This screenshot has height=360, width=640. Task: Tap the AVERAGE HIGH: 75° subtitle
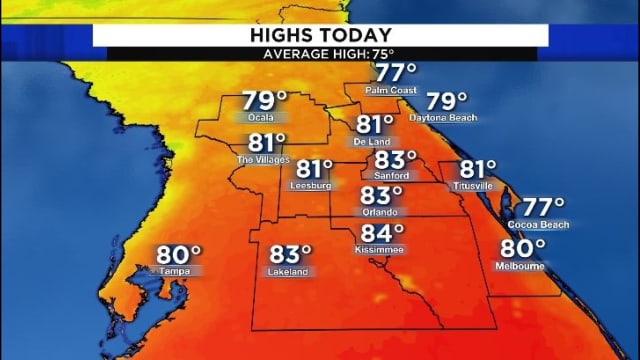[320, 54]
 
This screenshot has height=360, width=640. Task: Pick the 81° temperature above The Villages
[267, 144]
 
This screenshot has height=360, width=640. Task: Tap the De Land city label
[372, 142]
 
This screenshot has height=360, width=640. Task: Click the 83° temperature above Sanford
[395, 160]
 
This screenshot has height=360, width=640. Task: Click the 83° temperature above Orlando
[381, 196]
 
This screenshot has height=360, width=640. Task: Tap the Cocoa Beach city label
[545, 225]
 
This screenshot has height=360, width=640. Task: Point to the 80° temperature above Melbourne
[522, 248]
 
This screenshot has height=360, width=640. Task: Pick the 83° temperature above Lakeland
[290, 254]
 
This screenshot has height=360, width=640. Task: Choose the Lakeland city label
[288, 271]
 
